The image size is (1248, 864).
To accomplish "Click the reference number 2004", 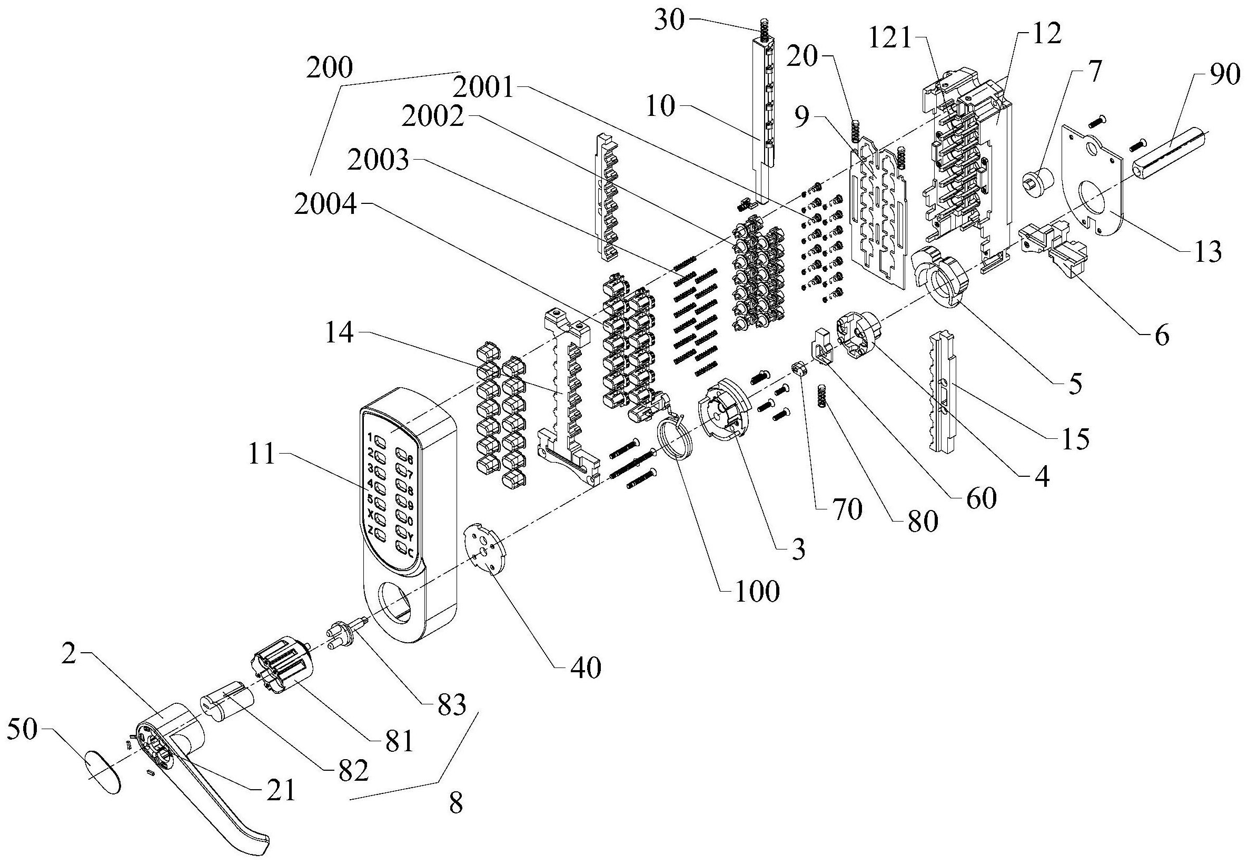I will click(x=325, y=205).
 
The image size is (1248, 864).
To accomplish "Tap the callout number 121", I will click(x=890, y=40).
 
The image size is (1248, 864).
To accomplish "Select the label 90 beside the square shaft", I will click(x=1224, y=74).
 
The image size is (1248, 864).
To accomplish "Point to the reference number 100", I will click(x=757, y=591).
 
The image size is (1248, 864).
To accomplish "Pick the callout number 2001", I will click(x=483, y=86).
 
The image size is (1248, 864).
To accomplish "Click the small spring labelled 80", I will click(x=824, y=394).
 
